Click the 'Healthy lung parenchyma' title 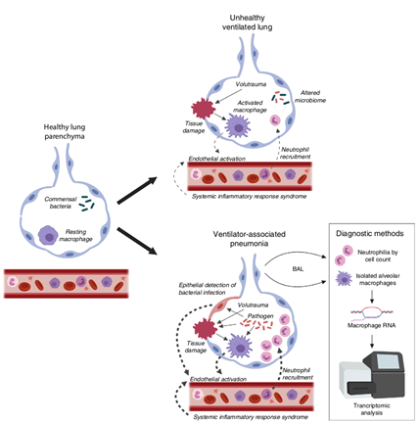click(x=65, y=131)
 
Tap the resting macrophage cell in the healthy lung click(x=48, y=235)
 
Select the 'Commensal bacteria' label click(x=61, y=203)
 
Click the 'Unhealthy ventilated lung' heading click(x=247, y=23)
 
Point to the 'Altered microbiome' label click(x=310, y=96)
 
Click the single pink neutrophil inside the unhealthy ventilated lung click(x=275, y=120)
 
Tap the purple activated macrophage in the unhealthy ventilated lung click(x=238, y=125)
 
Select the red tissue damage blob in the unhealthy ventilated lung click(x=203, y=108)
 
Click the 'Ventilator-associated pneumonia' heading click(x=249, y=239)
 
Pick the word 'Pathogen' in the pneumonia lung click(x=260, y=316)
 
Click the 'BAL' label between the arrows click(x=298, y=269)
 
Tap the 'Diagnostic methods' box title click(x=370, y=233)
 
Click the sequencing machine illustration click(x=372, y=376)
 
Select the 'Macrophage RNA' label click(x=371, y=325)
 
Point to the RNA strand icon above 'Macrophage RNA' click(x=372, y=312)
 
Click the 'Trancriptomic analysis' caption click(x=371, y=409)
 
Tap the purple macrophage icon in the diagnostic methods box click(x=344, y=279)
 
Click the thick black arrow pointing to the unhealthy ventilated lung click(x=137, y=191)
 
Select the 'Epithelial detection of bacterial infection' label click(x=208, y=289)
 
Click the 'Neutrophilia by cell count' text click(x=378, y=256)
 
